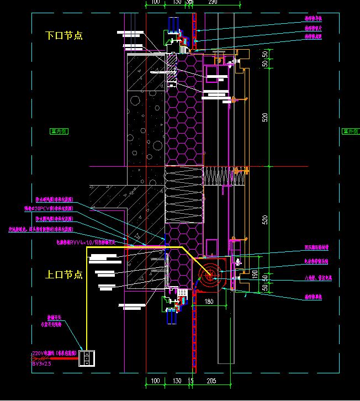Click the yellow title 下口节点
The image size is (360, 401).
(64, 36)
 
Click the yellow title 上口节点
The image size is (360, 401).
(64, 275)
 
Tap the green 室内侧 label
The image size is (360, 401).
(59, 131)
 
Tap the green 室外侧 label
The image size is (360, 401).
(350, 131)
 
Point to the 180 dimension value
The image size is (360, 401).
(209, 301)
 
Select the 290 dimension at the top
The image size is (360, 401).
(213, 3)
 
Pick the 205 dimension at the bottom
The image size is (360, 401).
(210, 381)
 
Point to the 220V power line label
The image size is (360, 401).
(52, 353)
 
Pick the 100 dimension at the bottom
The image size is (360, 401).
(156, 381)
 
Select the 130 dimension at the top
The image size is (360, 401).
(177, 3)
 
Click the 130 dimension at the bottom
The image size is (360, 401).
(177, 381)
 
